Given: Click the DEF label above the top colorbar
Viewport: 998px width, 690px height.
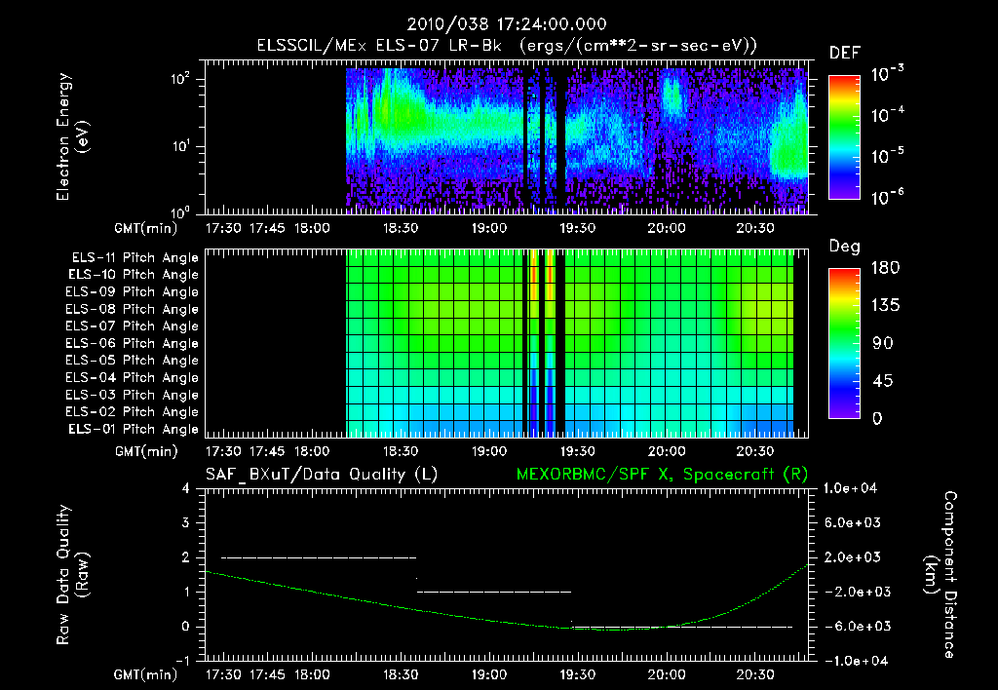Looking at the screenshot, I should click(x=844, y=53).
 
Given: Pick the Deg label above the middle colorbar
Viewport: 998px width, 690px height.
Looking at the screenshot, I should click(x=844, y=246).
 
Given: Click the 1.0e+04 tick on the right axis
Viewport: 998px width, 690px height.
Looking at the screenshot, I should click(x=852, y=488).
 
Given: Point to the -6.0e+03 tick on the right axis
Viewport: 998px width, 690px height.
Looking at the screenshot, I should click(x=852, y=626).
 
